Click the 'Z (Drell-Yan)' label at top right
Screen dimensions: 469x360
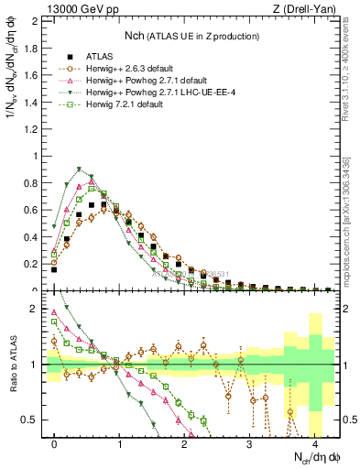pyautogui.click(x=305, y=9)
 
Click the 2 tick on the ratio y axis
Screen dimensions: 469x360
pyautogui.click(x=37, y=309)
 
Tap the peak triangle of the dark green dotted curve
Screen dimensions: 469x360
pyautogui.click(x=81, y=169)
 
